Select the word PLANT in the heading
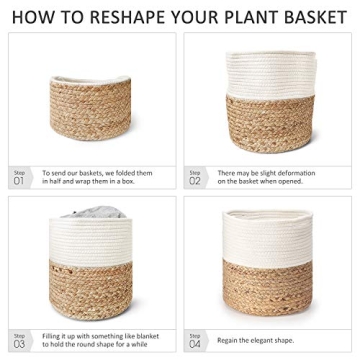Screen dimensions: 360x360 248,17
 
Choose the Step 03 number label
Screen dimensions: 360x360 20,340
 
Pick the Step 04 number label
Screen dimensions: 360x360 195,340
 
